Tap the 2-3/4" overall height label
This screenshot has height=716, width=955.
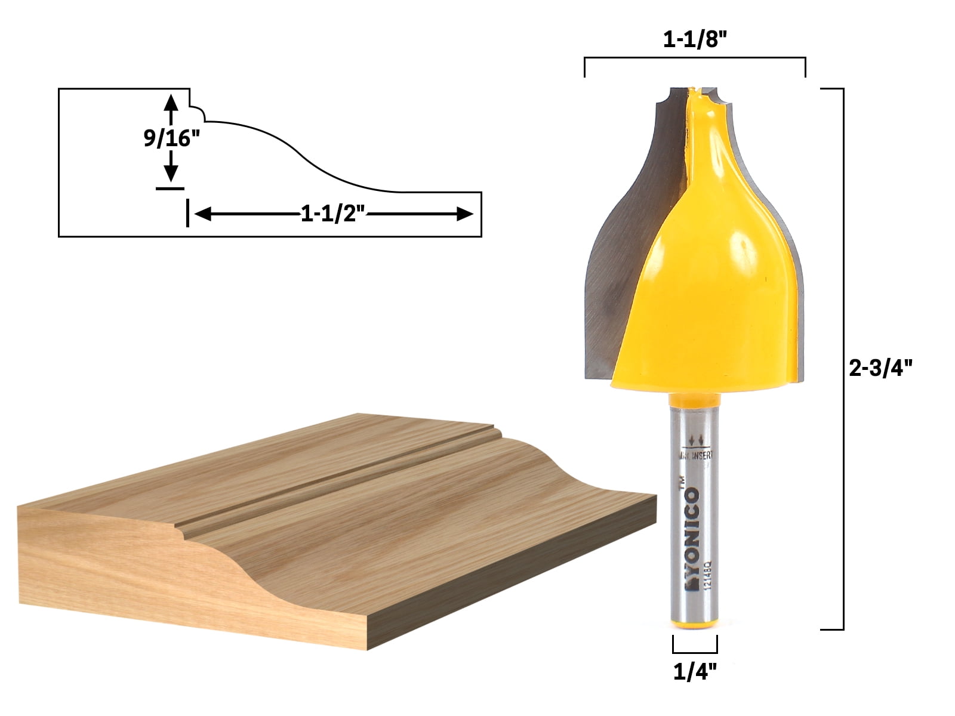click(881, 368)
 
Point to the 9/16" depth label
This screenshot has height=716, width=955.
click(171, 138)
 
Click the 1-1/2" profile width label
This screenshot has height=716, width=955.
click(332, 214)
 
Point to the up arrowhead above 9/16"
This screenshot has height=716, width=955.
click(171, 101)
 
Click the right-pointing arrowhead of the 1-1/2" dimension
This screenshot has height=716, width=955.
click(464, 214)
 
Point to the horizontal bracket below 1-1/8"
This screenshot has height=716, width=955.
click(695, 58)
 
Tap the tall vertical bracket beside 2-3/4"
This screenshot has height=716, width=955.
click(842, 358)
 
